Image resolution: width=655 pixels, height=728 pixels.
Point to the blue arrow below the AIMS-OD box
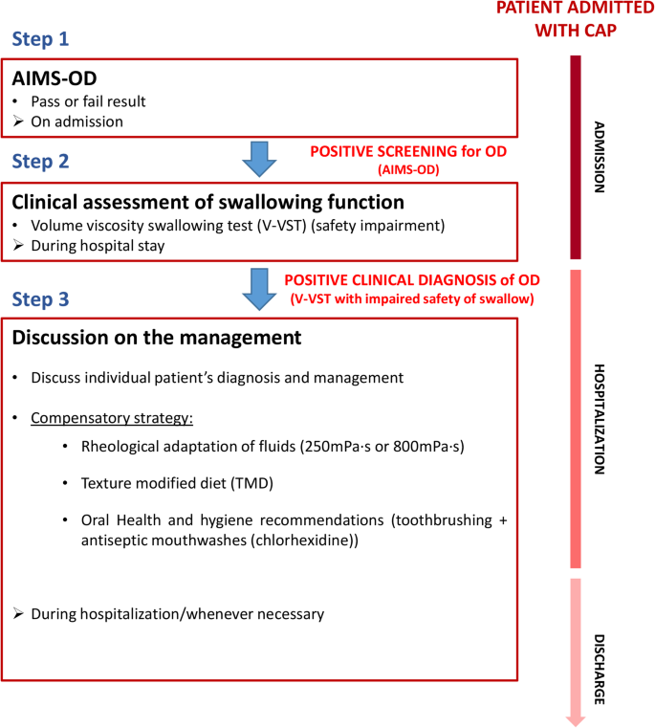coord(255,159)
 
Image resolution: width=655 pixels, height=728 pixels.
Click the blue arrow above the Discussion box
coord(255,289)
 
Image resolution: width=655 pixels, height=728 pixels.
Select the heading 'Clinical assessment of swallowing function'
coord(207,203)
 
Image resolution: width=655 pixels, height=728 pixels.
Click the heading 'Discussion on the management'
coord(156,338)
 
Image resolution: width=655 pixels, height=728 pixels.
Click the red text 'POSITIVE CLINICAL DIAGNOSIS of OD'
coord(412,280)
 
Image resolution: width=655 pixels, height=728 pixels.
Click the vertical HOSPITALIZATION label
coord(600,419)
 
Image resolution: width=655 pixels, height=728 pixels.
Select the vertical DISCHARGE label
coord(600,669)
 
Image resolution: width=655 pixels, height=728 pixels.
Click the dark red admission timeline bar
coord(576,157)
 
